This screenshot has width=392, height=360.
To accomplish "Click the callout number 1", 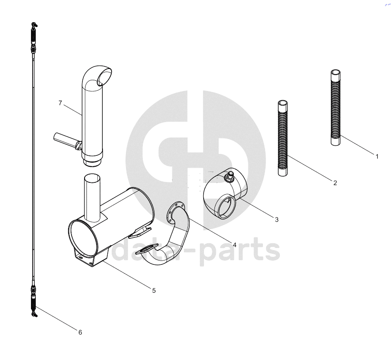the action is click(377, 157).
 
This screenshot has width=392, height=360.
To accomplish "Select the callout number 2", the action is click(335, 183).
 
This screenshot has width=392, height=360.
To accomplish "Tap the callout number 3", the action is click(276, 219).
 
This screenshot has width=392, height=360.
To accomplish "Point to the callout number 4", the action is click(235, 245).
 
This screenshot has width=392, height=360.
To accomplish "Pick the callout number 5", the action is click(154, 291).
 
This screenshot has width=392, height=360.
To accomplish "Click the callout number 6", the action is click(80, 332).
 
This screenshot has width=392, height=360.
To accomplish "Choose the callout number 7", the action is click(60, 103).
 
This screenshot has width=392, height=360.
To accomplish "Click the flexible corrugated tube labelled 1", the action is click(335, 108).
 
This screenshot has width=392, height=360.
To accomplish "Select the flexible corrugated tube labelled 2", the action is click(283, 138).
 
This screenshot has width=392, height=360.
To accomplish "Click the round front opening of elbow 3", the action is click(227, 207).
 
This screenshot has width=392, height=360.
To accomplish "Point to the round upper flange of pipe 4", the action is click(175, 212).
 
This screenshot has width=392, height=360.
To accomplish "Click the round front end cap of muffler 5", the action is click(82, 238).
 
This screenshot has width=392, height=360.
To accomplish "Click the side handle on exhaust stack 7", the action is click(67, 141).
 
